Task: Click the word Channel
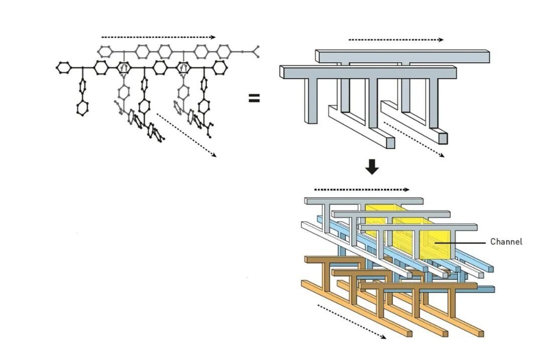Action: tap(506, 242)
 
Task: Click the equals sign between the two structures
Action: tap(254, 98)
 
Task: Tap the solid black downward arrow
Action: tap(372, 167)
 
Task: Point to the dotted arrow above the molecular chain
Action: tap(158, 37)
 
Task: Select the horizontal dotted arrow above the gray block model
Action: tap(396, 40)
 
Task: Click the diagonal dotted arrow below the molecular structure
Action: tap(186, 135)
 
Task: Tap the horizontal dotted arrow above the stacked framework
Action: tap(361, 190)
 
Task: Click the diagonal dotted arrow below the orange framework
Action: tap(351, 321)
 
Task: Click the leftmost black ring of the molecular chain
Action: tap(63, 67)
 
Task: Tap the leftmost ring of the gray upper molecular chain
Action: tap(105, 51)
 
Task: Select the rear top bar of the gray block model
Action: tap(401, 55)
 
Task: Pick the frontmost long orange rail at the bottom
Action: tap(356, 311)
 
